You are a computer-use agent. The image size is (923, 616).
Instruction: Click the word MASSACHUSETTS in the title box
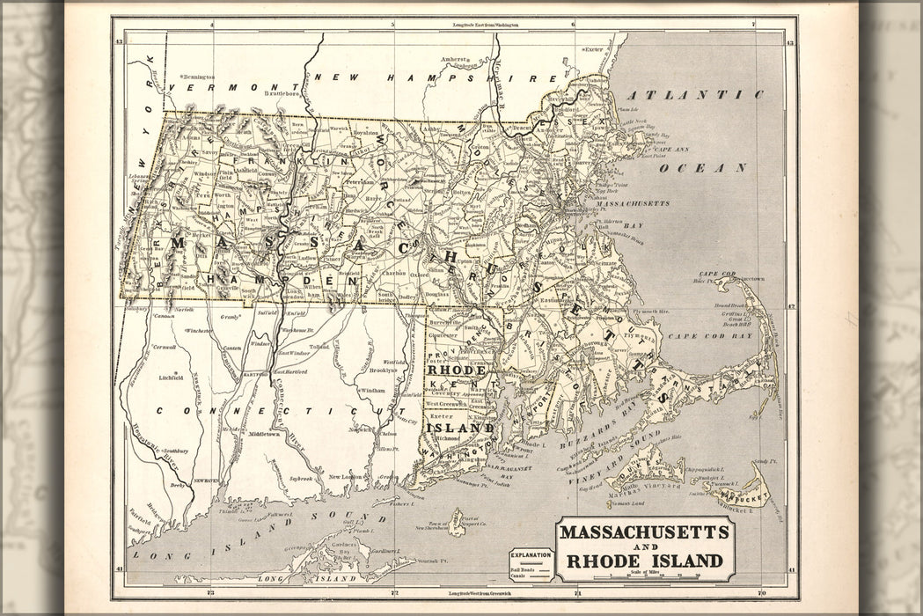click(644, 532)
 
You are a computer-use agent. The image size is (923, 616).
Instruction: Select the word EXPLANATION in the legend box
click(532, 555)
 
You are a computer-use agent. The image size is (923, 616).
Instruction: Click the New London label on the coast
click(346, 477)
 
